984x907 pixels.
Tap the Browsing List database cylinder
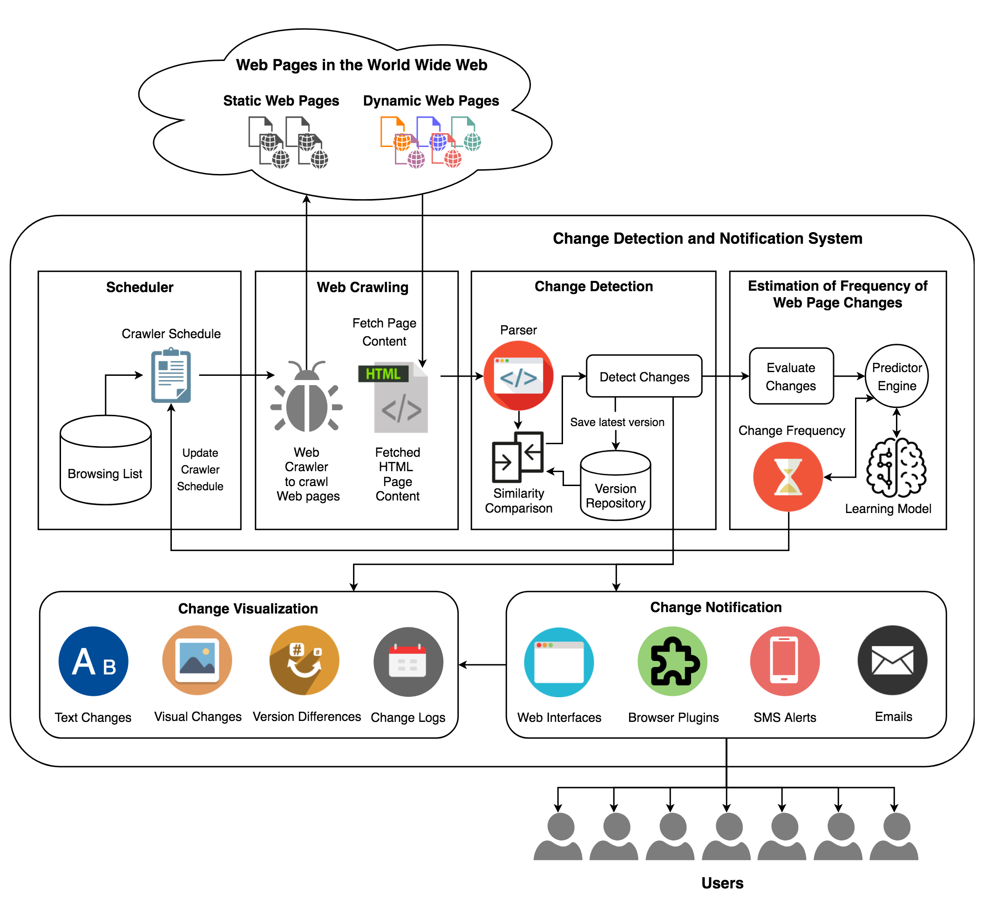(106, 460)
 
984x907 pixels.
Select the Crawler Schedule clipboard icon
(171, 375)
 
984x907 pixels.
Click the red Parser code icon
(519, 376)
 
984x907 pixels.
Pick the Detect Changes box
(645, 376)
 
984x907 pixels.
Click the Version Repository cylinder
(616, 486)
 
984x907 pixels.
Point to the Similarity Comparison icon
(518, 457)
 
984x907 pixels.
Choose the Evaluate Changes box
(791, 376)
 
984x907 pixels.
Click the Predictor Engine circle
(897, 376)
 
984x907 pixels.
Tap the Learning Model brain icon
(896, 468)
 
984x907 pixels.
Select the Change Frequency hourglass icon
(788, 477)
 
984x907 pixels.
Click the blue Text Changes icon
(93, 661)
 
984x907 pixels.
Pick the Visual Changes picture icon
(197, 660)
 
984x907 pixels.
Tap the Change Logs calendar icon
(409, 662)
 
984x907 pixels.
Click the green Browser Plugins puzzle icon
(673, 661)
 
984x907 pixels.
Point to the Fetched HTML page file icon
(394, 398)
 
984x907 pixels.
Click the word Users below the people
(723, 883)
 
